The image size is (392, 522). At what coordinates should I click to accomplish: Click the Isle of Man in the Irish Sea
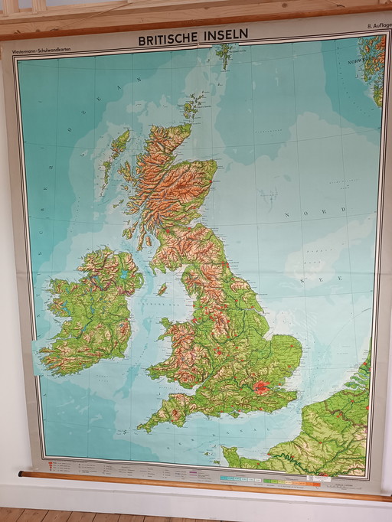[162, 289]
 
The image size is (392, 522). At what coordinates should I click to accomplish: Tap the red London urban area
[262, 389]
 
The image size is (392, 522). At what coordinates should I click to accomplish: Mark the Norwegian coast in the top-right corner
[374, 69]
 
